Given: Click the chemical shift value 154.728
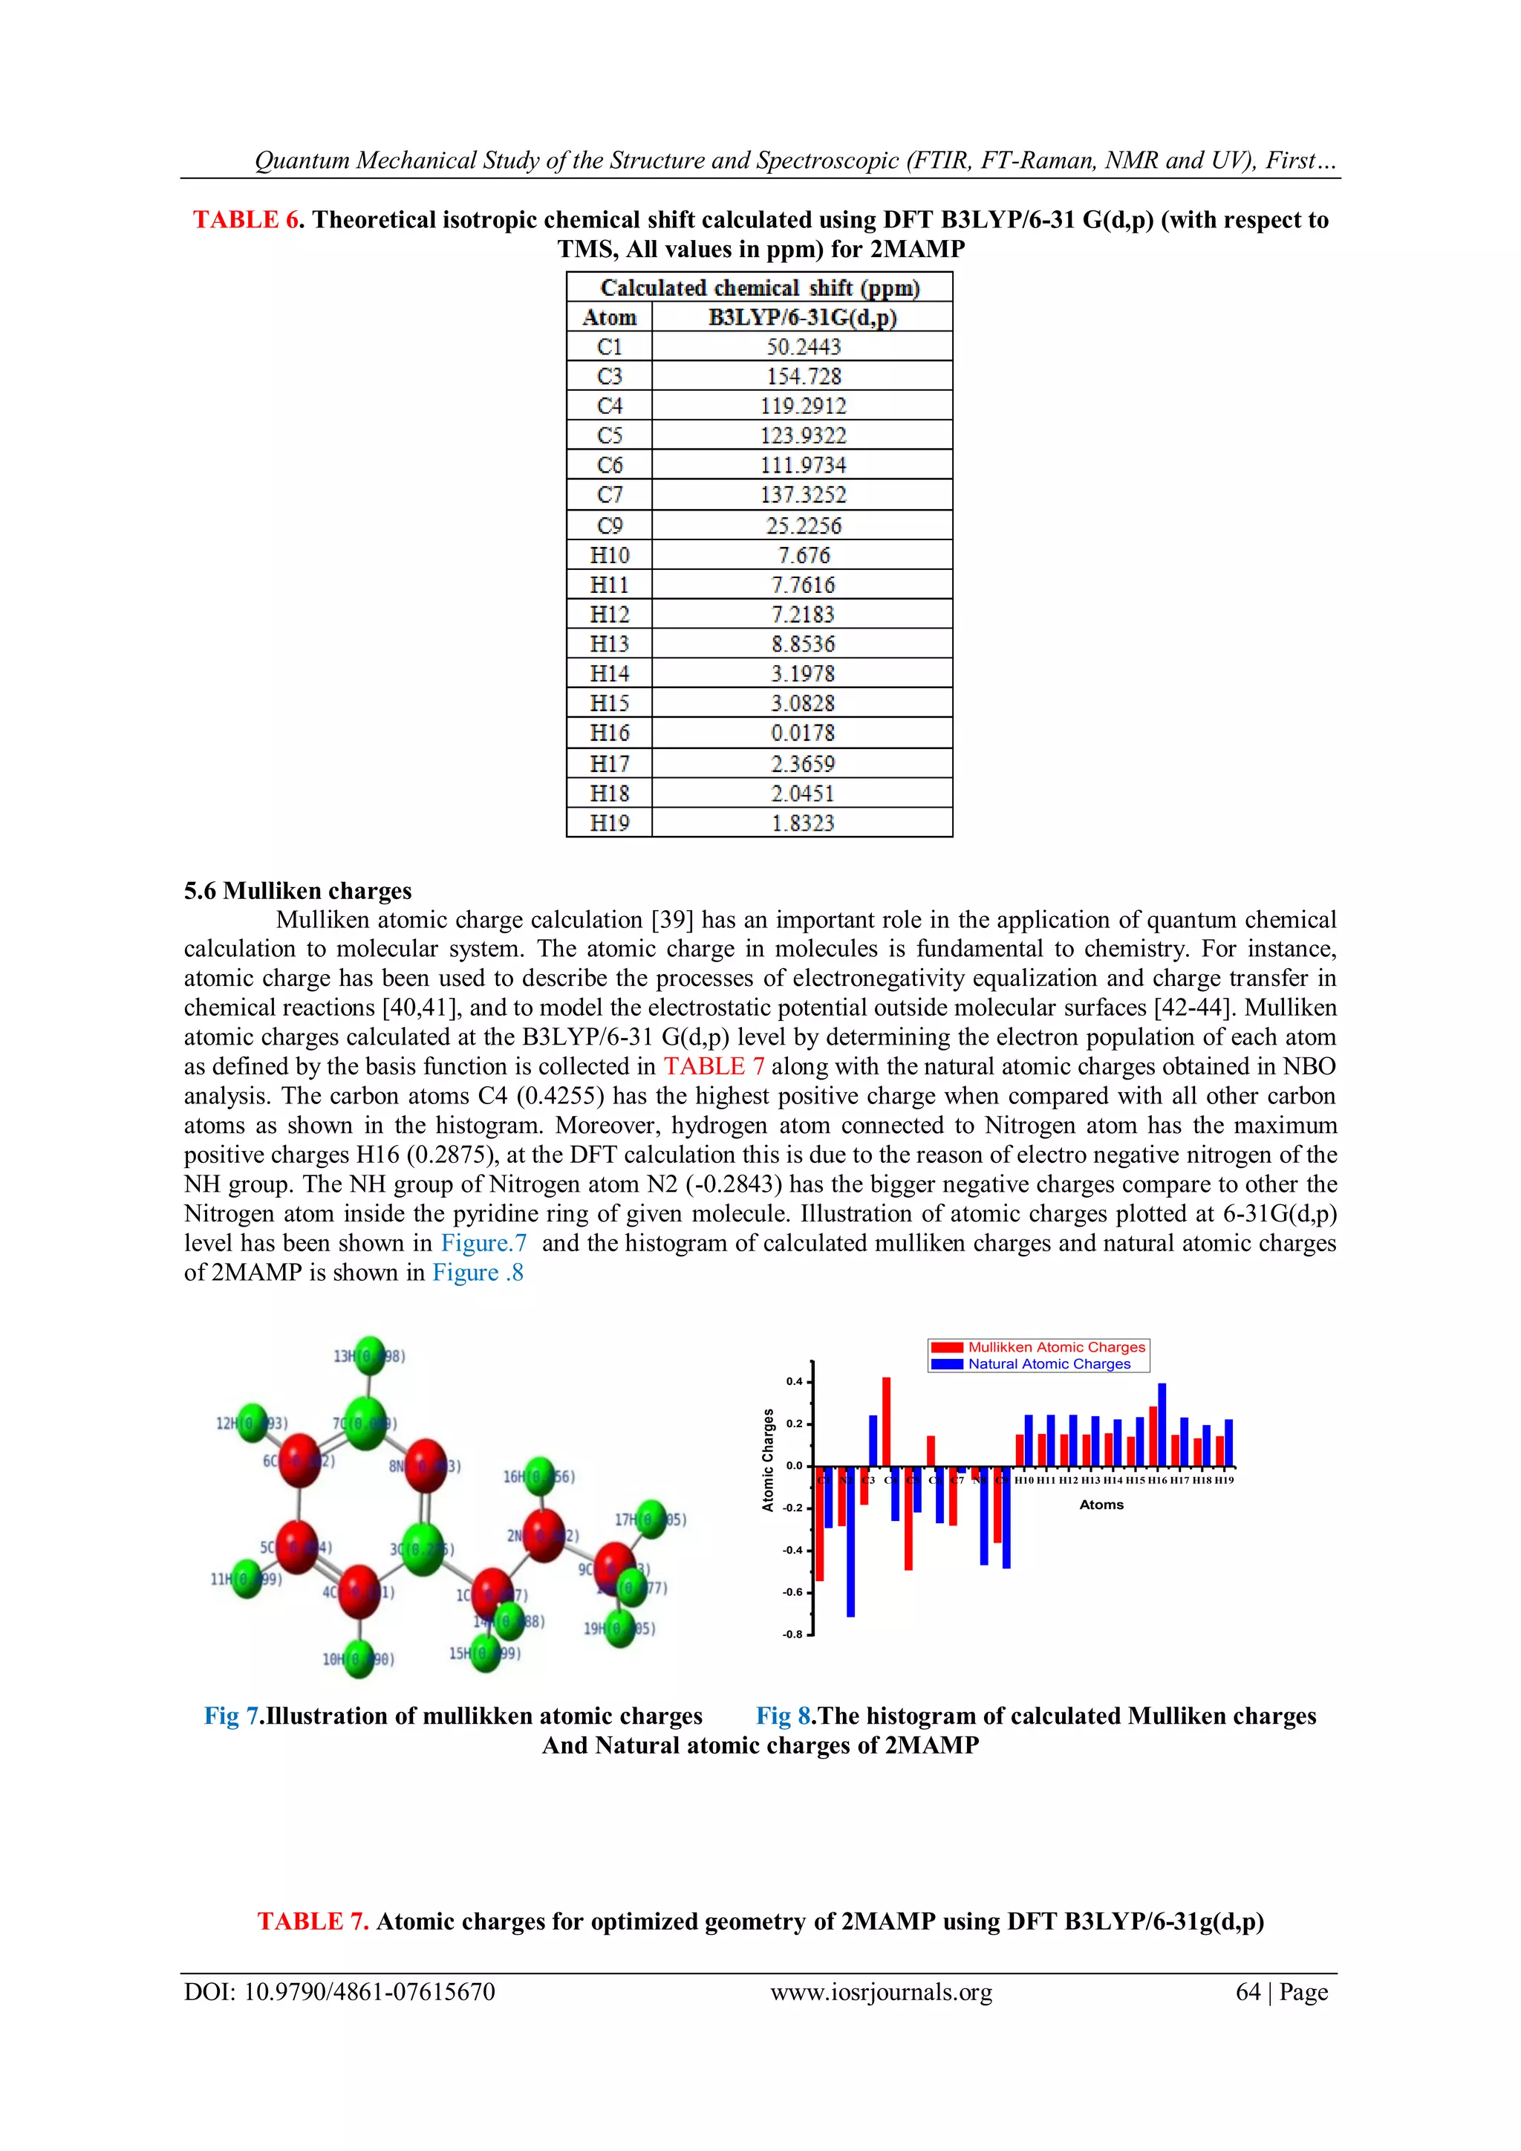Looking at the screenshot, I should [x=804, y=377].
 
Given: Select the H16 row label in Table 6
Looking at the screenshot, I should [x=609, y=733].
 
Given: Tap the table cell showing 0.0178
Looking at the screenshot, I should [x=804, y=733].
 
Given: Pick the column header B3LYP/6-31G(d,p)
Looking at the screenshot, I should [x=803, y=317].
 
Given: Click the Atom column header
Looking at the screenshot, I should [x=609, y=317].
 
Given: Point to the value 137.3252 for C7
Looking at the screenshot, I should [x=804, y=495].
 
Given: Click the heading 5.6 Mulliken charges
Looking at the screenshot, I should [x=298, y=891].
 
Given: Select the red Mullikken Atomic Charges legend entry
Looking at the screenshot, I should [x=1039, y=1347].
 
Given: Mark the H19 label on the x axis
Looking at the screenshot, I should [x=1224, y=1480].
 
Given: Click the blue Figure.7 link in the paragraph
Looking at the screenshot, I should [x=483, y=1243].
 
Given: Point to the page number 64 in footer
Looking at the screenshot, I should [x=1248, y=1992].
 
